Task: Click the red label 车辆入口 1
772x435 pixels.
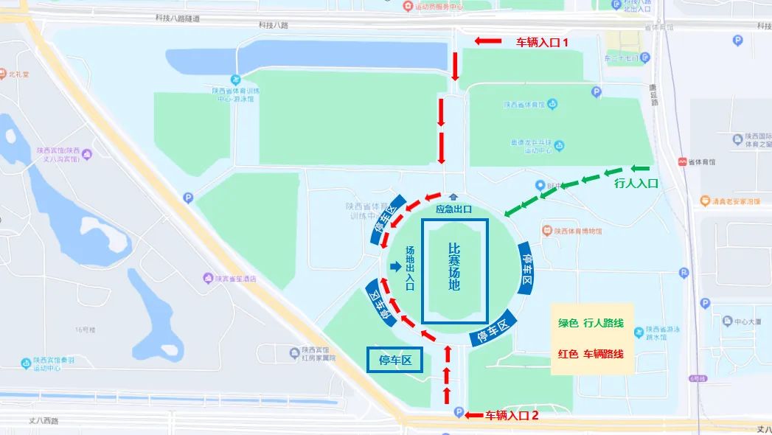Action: [542, 42]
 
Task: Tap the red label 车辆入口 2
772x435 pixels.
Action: [512, 415]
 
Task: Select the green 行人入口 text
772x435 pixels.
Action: [636, 185]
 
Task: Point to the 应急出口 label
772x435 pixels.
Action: [453, 209]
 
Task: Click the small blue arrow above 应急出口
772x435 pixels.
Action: [453, 197]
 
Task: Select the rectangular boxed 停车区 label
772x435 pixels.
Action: [395, 361]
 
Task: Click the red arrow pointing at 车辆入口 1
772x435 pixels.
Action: [487, 41]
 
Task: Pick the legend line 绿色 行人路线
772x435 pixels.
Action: [591, 323]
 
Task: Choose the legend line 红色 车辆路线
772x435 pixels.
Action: [591, 354]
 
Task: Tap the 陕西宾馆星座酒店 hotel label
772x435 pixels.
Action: [234, 279]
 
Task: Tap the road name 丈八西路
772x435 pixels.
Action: [45, 420]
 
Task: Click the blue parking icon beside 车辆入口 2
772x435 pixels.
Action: [459, 412]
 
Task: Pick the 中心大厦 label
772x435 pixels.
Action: [745, 321]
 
